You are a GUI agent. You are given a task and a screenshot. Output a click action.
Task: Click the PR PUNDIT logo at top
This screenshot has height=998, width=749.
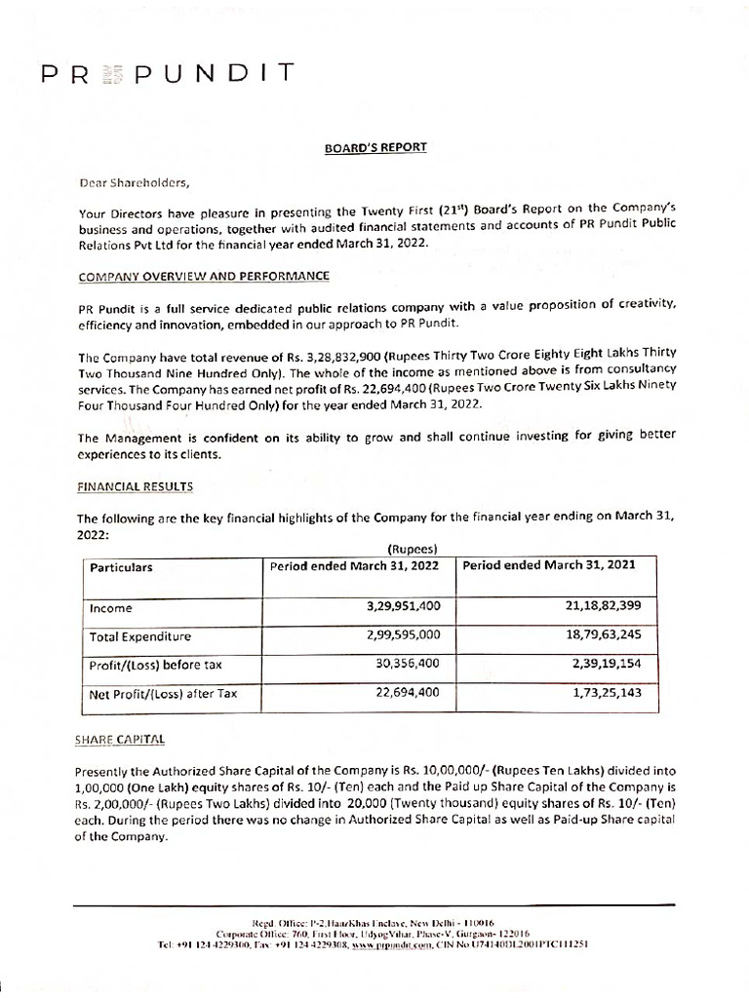tap(167, 74)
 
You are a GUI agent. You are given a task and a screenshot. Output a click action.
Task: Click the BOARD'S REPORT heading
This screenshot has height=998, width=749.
tap(374, 147)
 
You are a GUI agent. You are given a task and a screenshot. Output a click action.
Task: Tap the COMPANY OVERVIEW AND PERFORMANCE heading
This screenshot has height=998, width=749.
tap(203, 277)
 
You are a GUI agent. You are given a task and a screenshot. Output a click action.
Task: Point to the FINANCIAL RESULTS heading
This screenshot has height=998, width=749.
tap(135, 485)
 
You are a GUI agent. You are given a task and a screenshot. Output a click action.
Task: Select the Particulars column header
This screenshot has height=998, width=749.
tap(121, 567)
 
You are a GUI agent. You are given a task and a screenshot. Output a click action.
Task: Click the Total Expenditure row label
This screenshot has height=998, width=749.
tap(140, 636)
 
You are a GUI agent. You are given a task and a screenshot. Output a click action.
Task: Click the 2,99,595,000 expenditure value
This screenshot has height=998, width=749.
tap(401, 635)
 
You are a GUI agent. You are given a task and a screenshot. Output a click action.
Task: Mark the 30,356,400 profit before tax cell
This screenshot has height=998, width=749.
tap(407, 665)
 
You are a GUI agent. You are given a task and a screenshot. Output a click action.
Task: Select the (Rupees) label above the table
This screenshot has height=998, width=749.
tap(415, 548)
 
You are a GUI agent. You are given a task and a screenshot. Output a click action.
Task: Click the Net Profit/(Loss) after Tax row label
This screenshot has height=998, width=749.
tap(163, 694)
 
